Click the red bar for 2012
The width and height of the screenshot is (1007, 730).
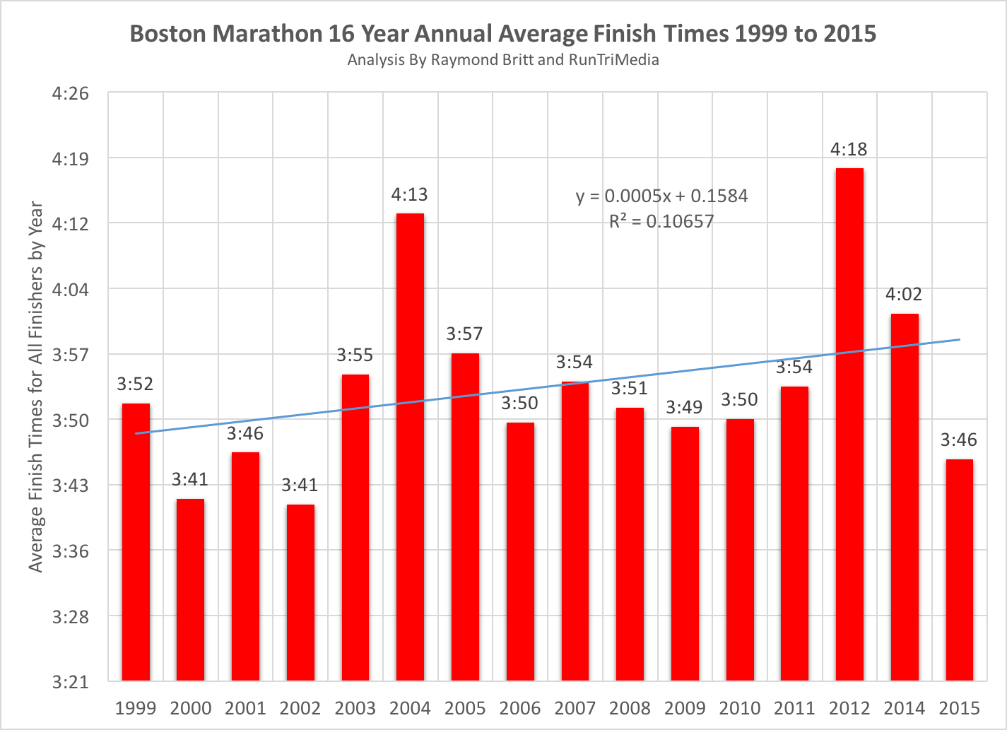pos(849,424)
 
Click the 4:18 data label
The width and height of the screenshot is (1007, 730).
pos(849,149)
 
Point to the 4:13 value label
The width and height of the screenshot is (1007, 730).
pos(410,194)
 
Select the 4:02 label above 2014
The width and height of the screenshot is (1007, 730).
pos(904,294)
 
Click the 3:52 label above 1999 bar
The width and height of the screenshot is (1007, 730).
pos(135,384)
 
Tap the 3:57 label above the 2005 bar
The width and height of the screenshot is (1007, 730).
pos(464,334)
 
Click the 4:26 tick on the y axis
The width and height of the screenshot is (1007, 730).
pos(70,93)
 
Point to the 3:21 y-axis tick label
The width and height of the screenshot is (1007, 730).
pos(70,682)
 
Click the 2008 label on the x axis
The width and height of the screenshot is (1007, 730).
pos(630,707)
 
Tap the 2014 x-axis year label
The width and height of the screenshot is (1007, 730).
pos(904,707)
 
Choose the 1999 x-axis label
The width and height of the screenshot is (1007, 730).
pos(135,707)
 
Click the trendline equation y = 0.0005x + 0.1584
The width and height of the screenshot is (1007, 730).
pos(661,196)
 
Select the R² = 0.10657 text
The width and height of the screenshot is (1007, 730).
pos(661,221)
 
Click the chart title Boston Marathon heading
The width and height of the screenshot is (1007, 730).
pos(503,34)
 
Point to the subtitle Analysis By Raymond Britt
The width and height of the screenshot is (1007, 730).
pos(503,60)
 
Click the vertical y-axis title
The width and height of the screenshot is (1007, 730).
pos(36,387)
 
